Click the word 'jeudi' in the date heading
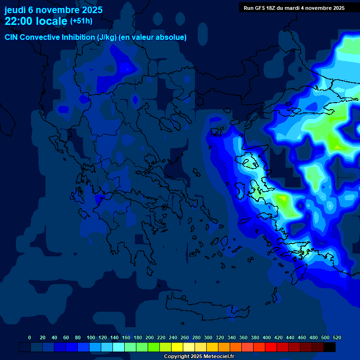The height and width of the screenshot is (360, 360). pyautogui.click(x=15, y=10)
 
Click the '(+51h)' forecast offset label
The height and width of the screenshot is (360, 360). pyautogui.click(x=81, y=21)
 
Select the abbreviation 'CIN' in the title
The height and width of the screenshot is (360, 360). pyautogui.click(x=12, y=37)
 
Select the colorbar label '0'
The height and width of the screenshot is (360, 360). pyautogui.click(x=30, y=337)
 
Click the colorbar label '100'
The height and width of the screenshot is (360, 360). pyautogui.click(x=91, y=337)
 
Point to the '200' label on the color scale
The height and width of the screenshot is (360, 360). pyautogui.click(x=150, y=337)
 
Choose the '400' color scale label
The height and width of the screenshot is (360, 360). pyautogui.click(x=267, y=337)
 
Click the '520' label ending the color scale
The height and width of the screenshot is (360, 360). pyautogui.click(x=337, y=337)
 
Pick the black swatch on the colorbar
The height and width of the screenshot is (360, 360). pyautogui.click(x=330, y=347)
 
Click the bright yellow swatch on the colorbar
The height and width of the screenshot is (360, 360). pyautogui.click(x=177, y=347)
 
